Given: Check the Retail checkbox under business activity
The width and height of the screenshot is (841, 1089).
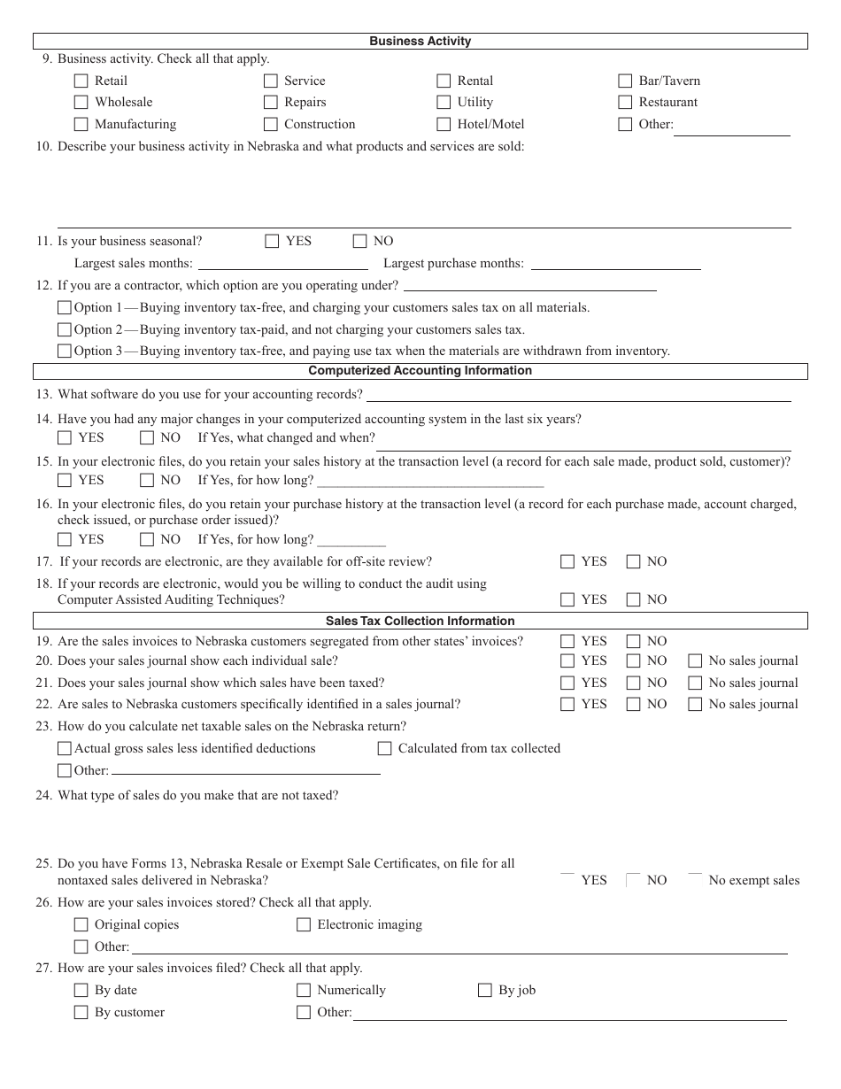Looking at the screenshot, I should [81, 81].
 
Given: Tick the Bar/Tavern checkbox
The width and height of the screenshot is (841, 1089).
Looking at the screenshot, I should [625, 81].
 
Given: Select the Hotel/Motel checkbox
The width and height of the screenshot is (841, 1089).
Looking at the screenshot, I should [444, 124].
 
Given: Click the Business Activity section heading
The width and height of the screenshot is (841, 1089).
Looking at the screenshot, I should [420, 41].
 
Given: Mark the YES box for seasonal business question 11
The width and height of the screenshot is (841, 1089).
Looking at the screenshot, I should [272, 241].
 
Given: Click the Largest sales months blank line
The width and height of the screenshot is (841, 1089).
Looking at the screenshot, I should [283, 264].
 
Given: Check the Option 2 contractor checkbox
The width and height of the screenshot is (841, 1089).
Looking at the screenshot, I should [64, 329].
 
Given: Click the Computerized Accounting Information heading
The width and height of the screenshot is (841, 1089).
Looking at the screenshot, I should [420, 371].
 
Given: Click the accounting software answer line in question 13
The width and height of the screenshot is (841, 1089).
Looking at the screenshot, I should [578, 395].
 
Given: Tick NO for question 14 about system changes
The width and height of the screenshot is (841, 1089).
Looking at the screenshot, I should [147, 437].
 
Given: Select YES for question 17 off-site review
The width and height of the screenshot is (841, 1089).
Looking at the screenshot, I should [567, 561].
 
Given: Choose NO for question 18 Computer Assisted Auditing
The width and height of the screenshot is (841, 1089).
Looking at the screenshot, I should [633, 599].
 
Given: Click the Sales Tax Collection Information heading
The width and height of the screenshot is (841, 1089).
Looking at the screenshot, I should [420, 621].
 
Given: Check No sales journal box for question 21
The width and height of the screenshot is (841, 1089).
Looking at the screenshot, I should [695, 683].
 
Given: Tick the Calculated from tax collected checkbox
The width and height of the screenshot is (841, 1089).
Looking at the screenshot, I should [384, 748].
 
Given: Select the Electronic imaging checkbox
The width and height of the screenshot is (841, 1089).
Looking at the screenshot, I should [304, 924].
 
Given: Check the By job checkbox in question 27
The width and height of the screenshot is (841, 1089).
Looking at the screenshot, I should [484, 990].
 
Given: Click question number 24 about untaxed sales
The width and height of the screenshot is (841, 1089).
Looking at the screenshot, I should [44, 795].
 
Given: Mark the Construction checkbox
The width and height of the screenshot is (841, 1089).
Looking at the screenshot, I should [271, 124].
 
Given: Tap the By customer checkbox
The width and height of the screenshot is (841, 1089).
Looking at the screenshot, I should [81, 1012].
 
